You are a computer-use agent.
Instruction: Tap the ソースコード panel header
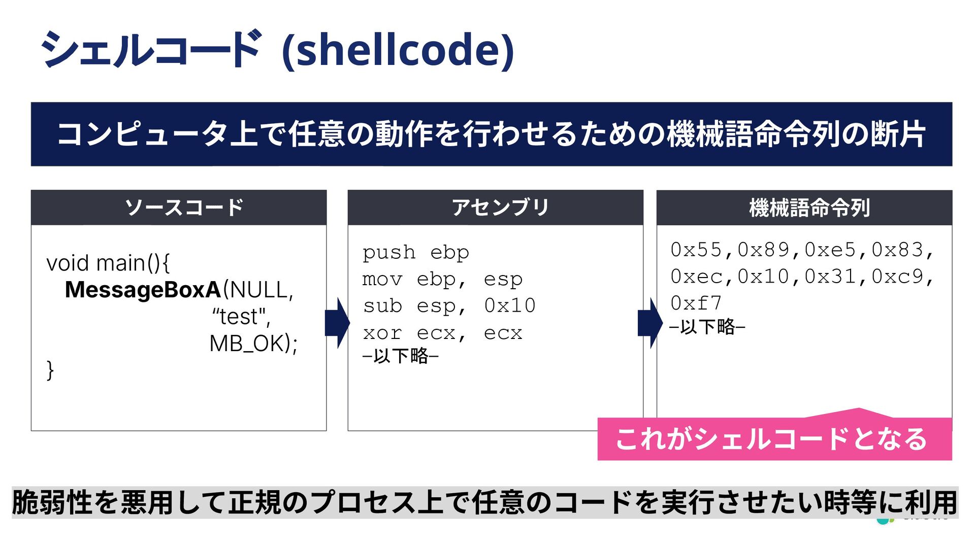184,208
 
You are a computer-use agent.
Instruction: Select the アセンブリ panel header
500,208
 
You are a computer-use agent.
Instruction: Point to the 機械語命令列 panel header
809,208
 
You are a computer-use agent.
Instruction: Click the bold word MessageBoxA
143,290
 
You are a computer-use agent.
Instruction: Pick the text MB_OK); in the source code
253,344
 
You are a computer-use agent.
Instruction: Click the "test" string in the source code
241,317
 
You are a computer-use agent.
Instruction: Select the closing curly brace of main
50,370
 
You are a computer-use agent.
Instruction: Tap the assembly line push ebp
415,252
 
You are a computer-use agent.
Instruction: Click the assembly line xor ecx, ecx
442,333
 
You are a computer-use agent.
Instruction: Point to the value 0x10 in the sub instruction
509,305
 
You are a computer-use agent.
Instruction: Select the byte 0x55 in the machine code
696,250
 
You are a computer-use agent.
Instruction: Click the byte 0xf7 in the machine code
696,303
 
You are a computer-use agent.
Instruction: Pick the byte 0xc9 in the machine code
897,277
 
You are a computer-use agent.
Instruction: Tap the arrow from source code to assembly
337,323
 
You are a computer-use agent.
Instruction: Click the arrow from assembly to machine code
649,323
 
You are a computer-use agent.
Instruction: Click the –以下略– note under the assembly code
401,356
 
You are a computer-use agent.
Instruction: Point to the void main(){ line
108,263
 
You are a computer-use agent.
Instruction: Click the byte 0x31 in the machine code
830,277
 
